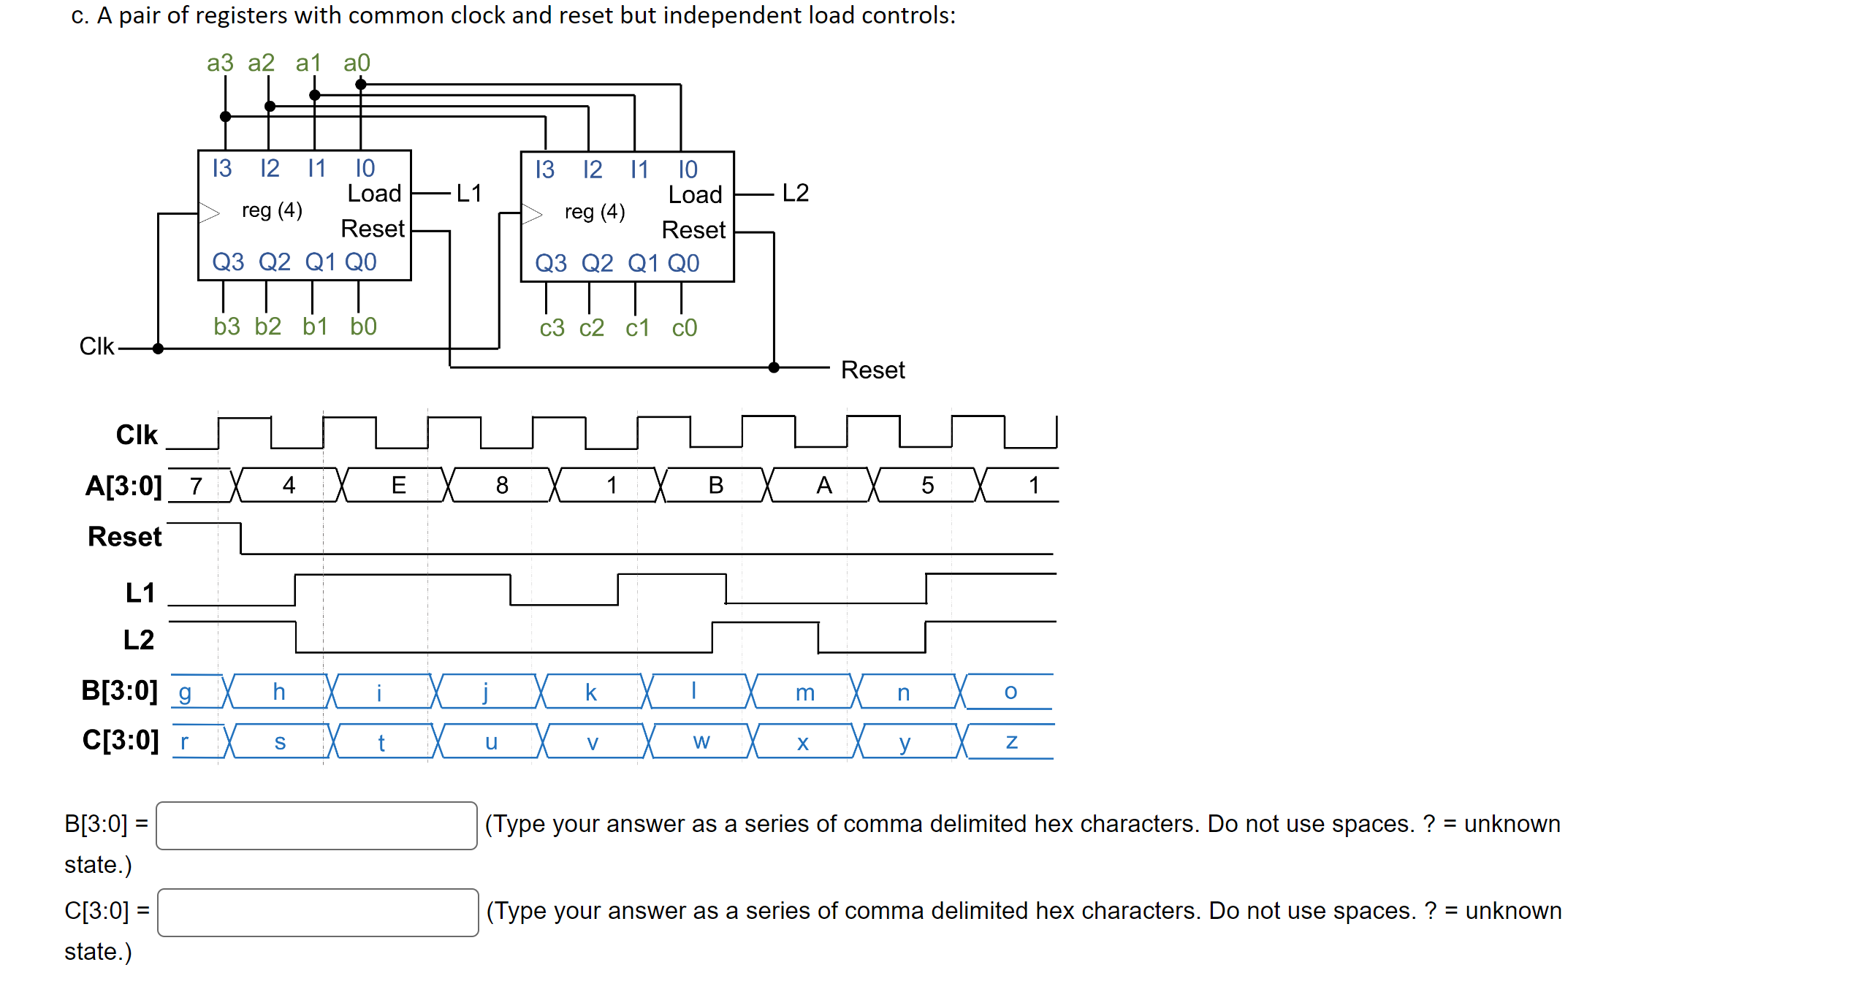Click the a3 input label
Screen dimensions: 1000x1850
coord(219,63)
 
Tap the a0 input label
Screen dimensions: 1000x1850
coord(357,63)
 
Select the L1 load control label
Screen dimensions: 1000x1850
coord(468,194)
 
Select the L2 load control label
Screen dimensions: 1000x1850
coord(795,193)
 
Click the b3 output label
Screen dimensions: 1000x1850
coord(227,326)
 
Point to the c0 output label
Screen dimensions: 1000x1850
coord(684,328)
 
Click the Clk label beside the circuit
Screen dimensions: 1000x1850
coord(96,346)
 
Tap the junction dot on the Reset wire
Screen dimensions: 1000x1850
coord(774,367)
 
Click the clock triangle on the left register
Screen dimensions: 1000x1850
coord(209,213)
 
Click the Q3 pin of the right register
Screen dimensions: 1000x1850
coord(550,263)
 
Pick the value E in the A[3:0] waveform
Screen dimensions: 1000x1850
coord(398,485)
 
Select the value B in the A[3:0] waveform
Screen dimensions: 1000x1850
coord(715,485)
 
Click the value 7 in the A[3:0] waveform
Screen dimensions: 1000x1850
coord(196,486)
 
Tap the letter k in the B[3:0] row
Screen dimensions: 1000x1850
coord(590,692)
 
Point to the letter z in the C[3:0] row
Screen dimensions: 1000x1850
coord(1011,742)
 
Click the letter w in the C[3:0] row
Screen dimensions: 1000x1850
coord(701,742)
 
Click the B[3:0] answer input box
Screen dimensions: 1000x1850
coord(316,825)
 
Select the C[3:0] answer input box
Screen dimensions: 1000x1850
coord(318,912)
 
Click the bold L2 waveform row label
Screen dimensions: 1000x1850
coord(138,640)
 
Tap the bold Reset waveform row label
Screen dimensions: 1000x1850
coord(124,537)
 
